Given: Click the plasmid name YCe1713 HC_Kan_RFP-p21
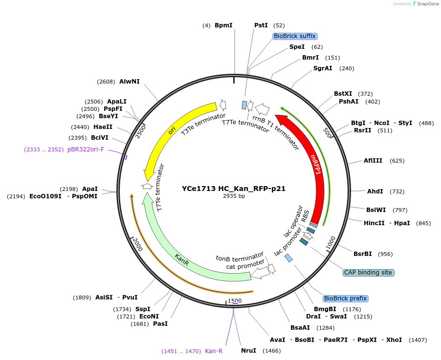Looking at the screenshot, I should pyautogui.click(x=234, y=188).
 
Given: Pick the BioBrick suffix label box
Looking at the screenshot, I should pyautogui.click(x=295, y=36).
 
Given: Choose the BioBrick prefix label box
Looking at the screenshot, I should pyautogui.click(x=345, y=298).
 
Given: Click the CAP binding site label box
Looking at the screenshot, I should pyautogui.click(x=368, y=273).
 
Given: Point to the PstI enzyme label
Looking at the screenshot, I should pyautogui.click(x=261, y=25).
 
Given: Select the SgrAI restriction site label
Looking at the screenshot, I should pyautogui.click(x=323, y=68).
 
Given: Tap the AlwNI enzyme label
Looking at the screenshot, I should pyautogui.click(x=130, y=82).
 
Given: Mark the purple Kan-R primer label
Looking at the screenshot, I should pyautogui.click(x=214, y=351).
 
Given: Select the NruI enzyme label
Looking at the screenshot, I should pyautogui.click(x=248, y=351).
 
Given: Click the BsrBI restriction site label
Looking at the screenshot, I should pyautogui.click(x=363, y=254).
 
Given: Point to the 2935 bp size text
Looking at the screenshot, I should pyautogui.click(x=234, y=196).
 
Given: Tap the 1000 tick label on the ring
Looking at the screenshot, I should pyautogui.click(x=331, y=243).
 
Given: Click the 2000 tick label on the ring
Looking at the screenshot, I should pyautogui.click(x=137, y=245).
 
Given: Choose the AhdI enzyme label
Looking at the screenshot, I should pyautogui.click(x=375, y=191).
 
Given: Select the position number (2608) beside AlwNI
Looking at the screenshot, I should pyautogui.click(x=106, y=82).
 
